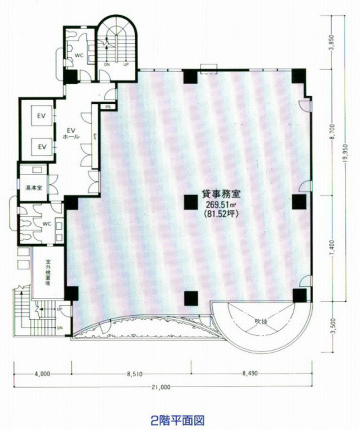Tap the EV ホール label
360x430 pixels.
click(71, 133)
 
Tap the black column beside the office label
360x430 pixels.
click(191, 202)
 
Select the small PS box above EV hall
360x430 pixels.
click(107, 106)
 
